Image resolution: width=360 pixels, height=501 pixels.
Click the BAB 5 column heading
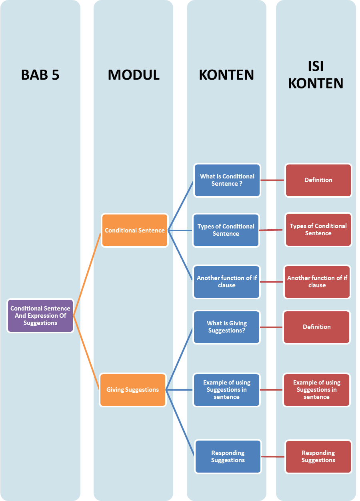[40, 75]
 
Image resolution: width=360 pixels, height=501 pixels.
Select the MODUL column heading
[134, 75]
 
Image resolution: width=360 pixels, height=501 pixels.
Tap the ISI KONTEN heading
[316, 74]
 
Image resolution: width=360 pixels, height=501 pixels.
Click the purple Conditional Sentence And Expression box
[40, 316]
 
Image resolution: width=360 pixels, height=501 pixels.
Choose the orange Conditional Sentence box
[134, 230]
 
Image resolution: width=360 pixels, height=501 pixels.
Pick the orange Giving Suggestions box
[132, 390]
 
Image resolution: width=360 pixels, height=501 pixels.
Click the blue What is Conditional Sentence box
[227, 180]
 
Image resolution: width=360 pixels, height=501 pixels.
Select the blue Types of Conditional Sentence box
[226, 230]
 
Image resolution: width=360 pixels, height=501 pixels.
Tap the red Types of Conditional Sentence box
[318, 230]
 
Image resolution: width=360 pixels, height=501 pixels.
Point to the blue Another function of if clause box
[226, 282]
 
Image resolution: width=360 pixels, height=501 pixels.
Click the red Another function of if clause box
[317, 282]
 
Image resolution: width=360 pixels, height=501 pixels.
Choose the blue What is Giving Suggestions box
[226, 327]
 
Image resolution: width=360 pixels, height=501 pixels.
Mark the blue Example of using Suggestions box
[226, 390]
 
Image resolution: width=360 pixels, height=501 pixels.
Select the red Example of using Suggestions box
[316, 390]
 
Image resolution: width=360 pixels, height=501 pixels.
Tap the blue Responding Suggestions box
[228, 457]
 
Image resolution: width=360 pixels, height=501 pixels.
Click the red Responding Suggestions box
[318, 457]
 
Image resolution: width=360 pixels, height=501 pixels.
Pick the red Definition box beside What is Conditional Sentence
[318, 180]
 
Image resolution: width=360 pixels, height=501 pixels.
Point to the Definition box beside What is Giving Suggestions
[316, 327]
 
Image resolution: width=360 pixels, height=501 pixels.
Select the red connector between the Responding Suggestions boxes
[273, 457]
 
